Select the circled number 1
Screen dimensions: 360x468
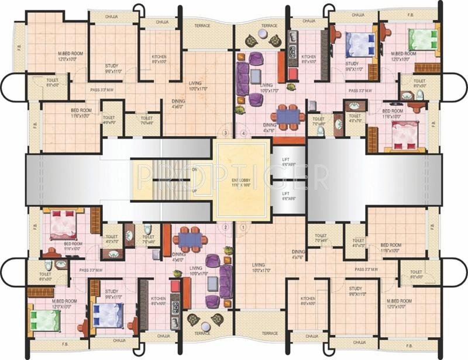[243, 227]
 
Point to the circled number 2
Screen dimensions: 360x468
[225, 227]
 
